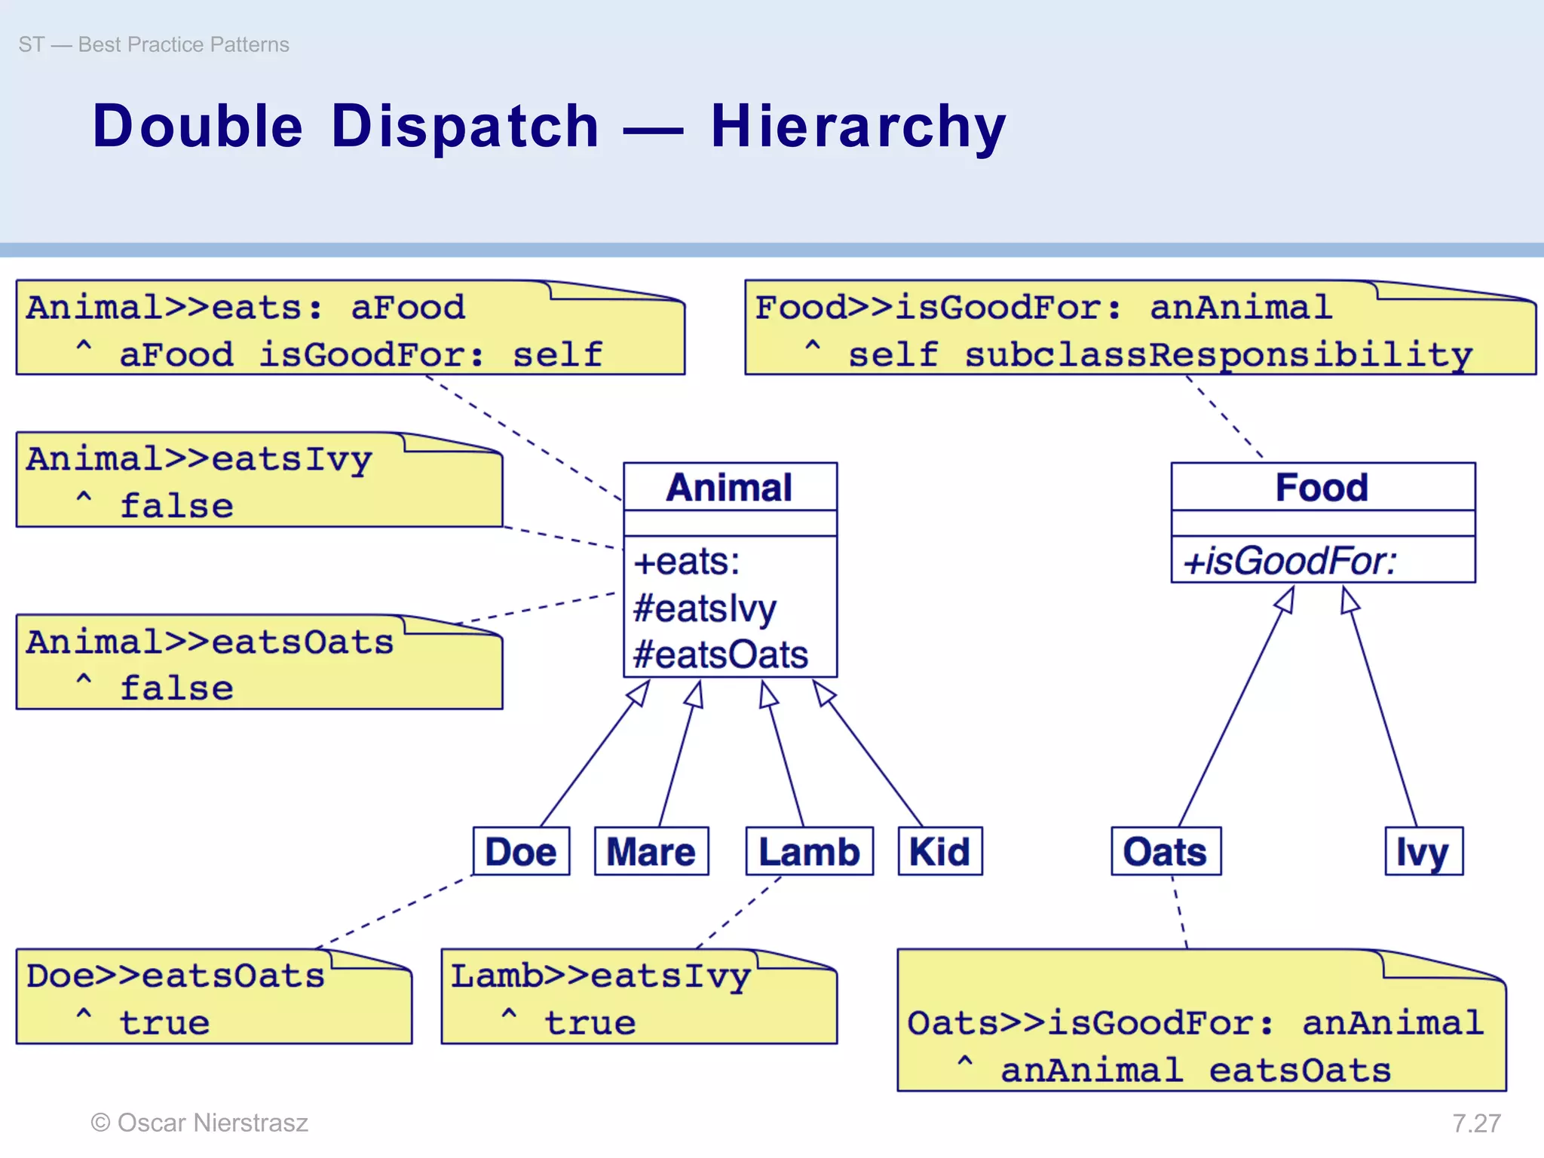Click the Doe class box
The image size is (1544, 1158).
point(521,851)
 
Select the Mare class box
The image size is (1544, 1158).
point(651,851)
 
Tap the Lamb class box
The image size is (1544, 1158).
point(809,851)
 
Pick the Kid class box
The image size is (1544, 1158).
point(939,851)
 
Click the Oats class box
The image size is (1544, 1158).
point(1166,851)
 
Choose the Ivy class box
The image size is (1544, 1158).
point(1423,851)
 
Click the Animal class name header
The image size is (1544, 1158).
point(730,487)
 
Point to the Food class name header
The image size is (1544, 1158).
point(1322,487)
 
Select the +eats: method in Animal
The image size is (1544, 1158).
point(687,562)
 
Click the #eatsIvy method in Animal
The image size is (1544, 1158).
point(705,608)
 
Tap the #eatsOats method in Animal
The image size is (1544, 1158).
point(721,654)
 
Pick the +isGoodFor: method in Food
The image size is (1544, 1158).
point(1290,561)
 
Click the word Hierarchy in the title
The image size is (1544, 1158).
point(859,126)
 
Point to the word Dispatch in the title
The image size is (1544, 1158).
point(465,126)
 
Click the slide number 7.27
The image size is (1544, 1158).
point(1476,1123)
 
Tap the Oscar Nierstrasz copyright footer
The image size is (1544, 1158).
point(200,1123)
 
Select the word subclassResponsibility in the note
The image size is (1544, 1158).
point(1218,354)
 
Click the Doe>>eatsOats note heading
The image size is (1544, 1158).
point(176,976)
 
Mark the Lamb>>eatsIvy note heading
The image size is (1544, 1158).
point(600,976)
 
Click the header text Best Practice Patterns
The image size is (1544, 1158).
point(183,44)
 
